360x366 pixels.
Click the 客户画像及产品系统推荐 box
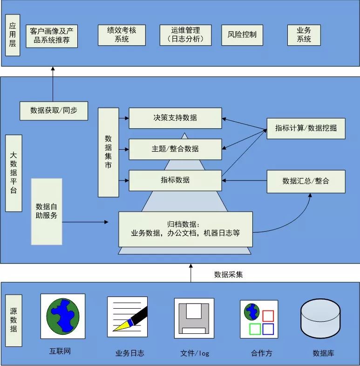pos(51,35)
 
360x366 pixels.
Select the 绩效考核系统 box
pos(122,35)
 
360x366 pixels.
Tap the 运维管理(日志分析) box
pos(185,35)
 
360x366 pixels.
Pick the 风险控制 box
pos(242,35)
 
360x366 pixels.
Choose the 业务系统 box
pos(304,35)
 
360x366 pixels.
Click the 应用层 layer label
pos(13,35)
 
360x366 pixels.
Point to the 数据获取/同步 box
pos(54,110)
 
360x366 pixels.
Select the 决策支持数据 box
pos(175,118)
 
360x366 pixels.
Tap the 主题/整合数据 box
pos(175,149)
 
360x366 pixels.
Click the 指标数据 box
pos(175,180)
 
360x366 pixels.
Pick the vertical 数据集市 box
pos(108,152)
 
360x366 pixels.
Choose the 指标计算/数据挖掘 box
pos(306,128)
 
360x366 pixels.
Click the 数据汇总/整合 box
pos(306,181)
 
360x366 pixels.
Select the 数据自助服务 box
pos(47,211)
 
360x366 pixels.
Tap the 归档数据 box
pos(185,229)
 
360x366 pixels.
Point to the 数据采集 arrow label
pos(228,275)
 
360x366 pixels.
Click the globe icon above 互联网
pos(63,315)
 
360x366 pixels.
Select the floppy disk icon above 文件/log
pos(194,318)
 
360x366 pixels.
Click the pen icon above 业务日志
pos(127,317)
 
